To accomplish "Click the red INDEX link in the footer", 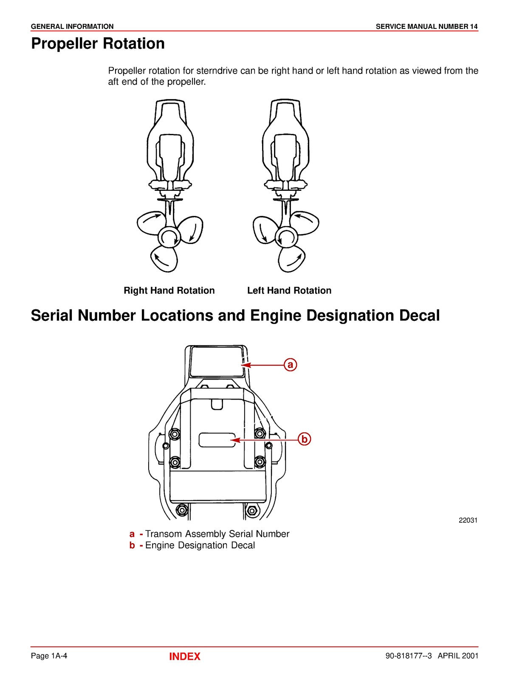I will point(184,657).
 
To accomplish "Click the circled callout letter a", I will point(290,365).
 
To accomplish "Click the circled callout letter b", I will point(304,439).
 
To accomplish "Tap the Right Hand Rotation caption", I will point(169,291).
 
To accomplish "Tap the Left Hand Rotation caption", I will point(289,291).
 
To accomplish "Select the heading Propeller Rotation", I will point(98,44).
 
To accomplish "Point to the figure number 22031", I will point(468,520).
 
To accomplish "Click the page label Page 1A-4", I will point(49,656).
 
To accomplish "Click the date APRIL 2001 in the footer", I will point(458,656).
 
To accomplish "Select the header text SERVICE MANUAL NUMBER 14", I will point(426,26).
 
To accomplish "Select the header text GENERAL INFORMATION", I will point(72,26).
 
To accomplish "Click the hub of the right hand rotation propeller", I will point(169,237).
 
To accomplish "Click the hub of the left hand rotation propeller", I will point(286,237).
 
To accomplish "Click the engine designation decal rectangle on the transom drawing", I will point(217,440).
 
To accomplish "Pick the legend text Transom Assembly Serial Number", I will point(217,534).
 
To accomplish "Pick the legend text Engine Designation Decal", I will point(200,546).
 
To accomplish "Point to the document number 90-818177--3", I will point(408,656).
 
